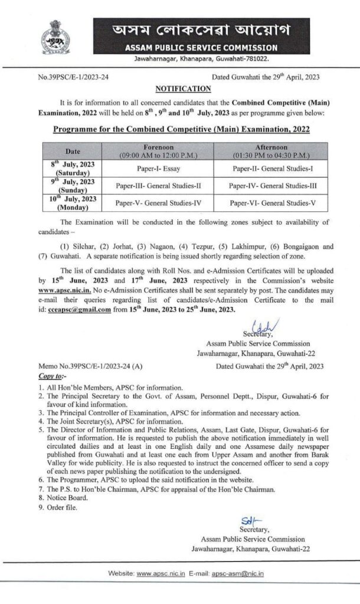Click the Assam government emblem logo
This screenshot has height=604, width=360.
56,37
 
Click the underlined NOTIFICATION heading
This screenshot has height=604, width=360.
183,88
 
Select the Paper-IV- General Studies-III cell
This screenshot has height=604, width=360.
273,186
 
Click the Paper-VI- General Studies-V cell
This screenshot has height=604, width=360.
273,203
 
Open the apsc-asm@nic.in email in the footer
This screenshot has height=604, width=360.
238,573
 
